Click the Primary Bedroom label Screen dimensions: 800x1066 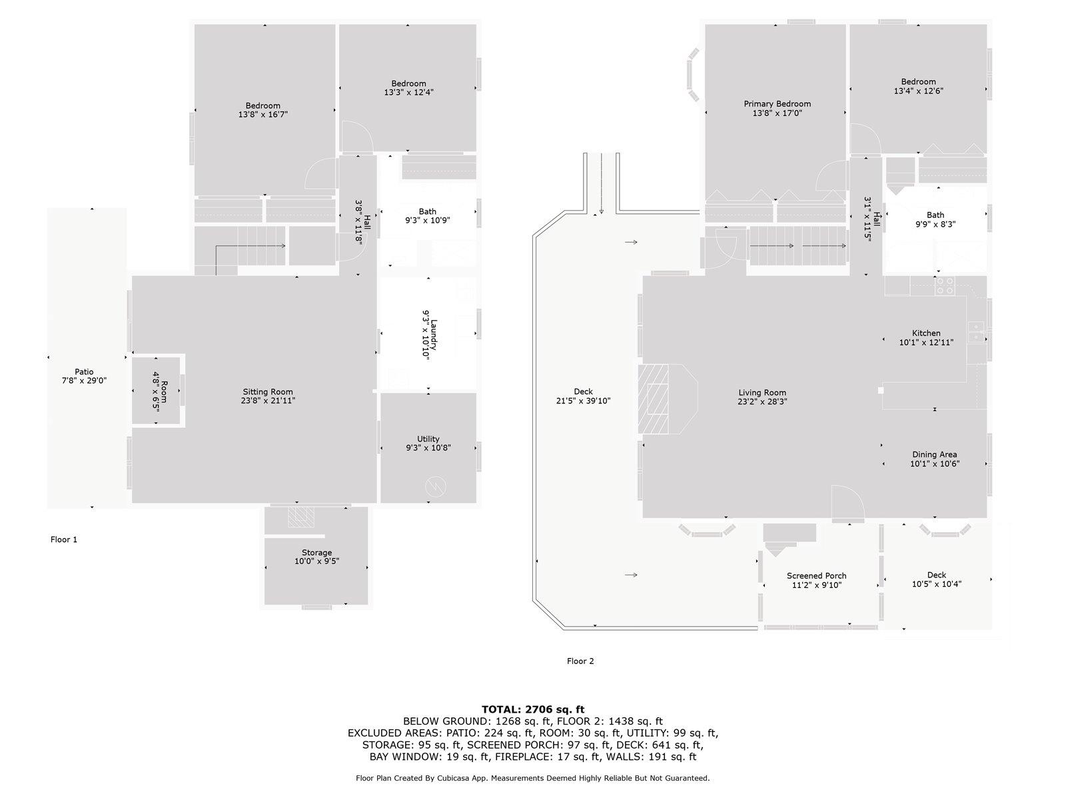(777, 104)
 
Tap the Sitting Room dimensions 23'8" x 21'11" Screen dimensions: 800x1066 (268, 401)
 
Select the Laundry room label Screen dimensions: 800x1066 (434, 333)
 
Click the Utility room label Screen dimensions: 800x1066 (428, 439)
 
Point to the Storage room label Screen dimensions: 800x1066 (316, 553)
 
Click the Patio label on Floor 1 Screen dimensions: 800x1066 (84, 372)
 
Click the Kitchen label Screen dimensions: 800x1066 (926, 333)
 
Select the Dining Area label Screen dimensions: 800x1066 (934, 455)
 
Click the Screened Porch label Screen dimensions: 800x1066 (816, 576)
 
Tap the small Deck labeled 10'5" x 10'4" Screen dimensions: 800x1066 (936, 579)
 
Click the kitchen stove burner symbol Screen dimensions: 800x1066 (945, 286)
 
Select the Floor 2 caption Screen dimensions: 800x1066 (580, 661)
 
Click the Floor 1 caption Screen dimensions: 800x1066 (64, 539)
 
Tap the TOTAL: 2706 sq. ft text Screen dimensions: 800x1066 (533, 709)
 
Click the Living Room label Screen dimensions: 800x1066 (762, 393)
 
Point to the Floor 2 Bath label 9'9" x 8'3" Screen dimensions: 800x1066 (935, 215)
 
